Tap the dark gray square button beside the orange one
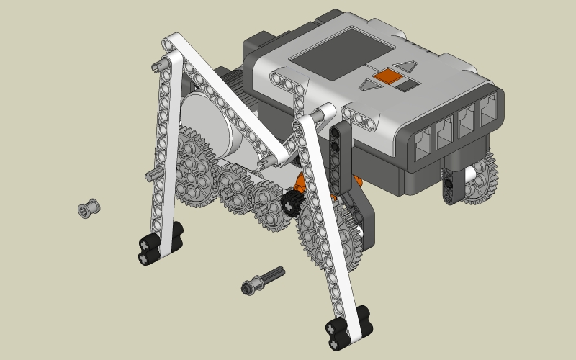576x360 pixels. [408, 84]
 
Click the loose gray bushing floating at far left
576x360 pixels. [89, 208]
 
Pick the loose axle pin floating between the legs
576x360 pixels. [262, 280]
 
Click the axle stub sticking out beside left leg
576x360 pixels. [150, 174]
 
